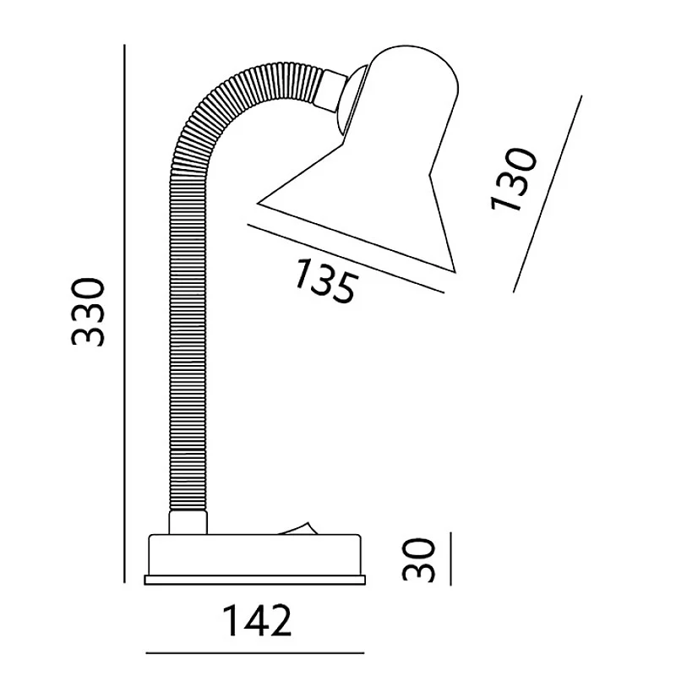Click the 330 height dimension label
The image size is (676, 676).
click(88, 312)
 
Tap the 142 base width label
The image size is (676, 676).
click(257, 620)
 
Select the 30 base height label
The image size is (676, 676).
click(418, 559)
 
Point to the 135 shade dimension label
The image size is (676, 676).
click(326, 281)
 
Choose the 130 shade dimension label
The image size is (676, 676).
click(514, 179)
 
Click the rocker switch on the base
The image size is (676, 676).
click(297, 529)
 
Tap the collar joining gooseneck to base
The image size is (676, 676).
click(188, 522)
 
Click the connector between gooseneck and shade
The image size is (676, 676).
click(331, 90)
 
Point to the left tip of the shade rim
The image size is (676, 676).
click(258, 203)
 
